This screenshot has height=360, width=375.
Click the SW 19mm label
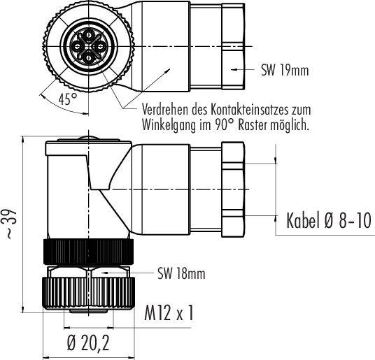tap(285, 71)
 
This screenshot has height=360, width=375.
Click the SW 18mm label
tap(181, 273)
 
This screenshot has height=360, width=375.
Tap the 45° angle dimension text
tap(68, 99)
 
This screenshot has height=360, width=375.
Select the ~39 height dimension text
tap(10, 224)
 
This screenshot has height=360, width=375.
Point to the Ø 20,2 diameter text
tap(88, 343)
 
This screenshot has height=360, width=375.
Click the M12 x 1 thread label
tap(169, 313)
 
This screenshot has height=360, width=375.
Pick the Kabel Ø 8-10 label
tap(329, 220)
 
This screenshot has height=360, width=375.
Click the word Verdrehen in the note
tap(165, 110)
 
